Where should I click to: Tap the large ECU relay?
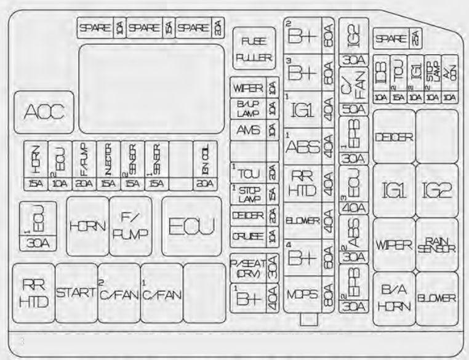[x=191, y=227]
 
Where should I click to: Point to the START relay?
[x=76, y=292]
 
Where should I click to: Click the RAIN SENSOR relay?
[x=436, y=244]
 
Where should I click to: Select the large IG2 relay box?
[x=436, y=190]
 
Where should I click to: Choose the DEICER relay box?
[x=394, y=137]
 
